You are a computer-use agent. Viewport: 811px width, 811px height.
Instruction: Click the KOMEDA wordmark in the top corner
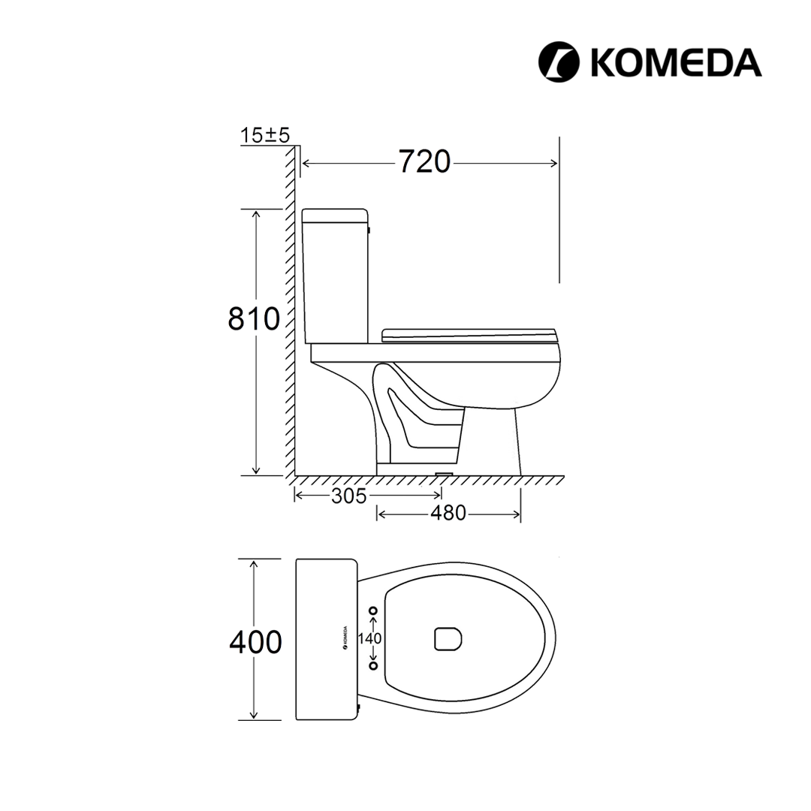click(x=676, y=62)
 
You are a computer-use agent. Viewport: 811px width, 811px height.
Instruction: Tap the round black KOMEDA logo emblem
click(x=559, y=62)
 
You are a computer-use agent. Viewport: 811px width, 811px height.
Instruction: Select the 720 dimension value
click(x=424, y=162)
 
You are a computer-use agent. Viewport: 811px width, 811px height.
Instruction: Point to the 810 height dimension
click(x=254, y=318)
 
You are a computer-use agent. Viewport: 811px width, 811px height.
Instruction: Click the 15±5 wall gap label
click(x=265, y=135)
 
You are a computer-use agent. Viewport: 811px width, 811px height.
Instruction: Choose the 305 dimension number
click(x=349, y=496)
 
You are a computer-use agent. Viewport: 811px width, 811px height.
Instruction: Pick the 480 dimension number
click(x=448, y=513)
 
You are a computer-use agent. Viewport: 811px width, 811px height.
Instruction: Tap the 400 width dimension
click(x=255, y=642)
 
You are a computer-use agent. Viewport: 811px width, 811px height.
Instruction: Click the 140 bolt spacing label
click(x=369, y=639)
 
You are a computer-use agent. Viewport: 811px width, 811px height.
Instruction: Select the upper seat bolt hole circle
click(x=373, y=611)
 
